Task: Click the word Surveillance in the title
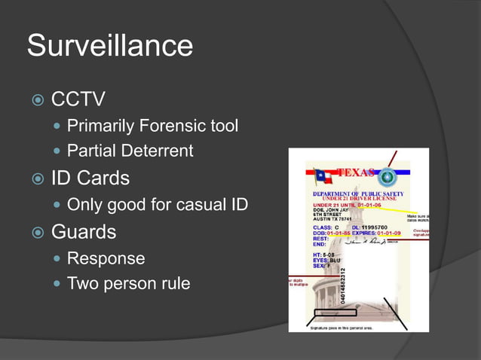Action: coord(110,45)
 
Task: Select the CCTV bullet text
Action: coord(78,99)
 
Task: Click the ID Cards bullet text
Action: coord(90,178)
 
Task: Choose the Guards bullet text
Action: coord(84,230)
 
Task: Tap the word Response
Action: coord(106,258)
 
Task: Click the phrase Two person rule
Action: coord(129,284)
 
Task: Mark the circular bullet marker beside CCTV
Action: coord(35,100)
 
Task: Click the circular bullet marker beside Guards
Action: coord(35,231)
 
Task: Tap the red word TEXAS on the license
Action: coord(355,172)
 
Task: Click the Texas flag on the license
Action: coord(324,177)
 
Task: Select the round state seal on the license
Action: coord(387,178)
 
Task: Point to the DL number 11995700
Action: coord(374,227)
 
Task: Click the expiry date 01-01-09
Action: coord(391,233)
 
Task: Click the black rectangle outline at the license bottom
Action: coord(335,312)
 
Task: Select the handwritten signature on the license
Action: coord(369,241)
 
